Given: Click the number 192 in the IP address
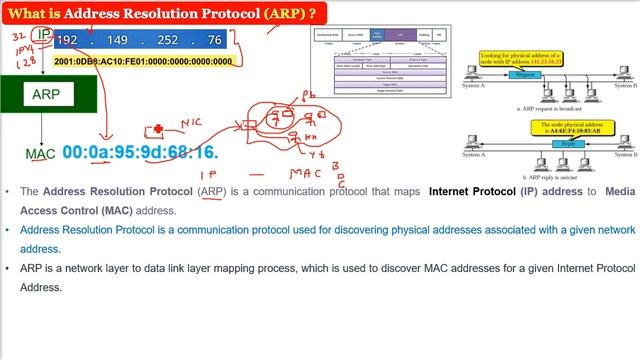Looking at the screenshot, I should pyautogui.click(x=67, y=40).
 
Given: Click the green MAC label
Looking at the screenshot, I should pyautogui.click(x=40, y=154).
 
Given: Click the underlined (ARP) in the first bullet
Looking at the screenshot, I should pyautogui.click(x=212, y=191).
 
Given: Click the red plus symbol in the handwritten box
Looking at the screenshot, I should pyautogui.click(x=156, y=130).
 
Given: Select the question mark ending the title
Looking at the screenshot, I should pyautogui.click(x=313, y=12).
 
